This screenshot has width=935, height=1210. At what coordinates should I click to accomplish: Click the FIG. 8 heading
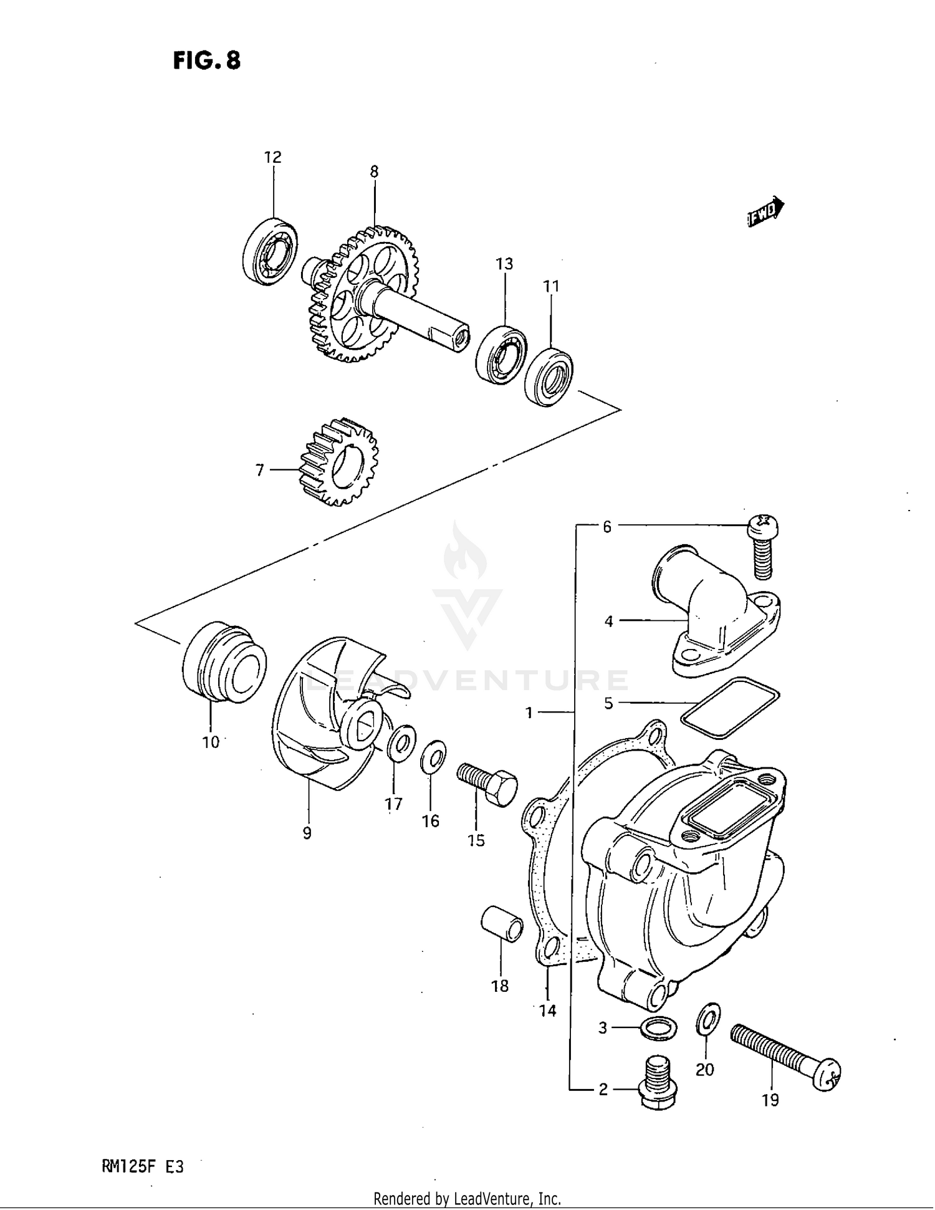click(x=206, y=60)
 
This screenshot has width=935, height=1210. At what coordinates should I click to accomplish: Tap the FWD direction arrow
click(x=765, y=213)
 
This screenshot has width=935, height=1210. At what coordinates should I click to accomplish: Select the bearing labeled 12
click(x=269, y=252)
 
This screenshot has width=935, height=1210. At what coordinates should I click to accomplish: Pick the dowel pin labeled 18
click(x=502, y=924)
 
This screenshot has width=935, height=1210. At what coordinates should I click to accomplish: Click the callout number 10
click(x=211, y=742)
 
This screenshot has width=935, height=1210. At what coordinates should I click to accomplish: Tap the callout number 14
click(x=547, y=1011)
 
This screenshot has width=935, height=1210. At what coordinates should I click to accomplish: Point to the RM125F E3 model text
click(x=142, y=1166)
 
